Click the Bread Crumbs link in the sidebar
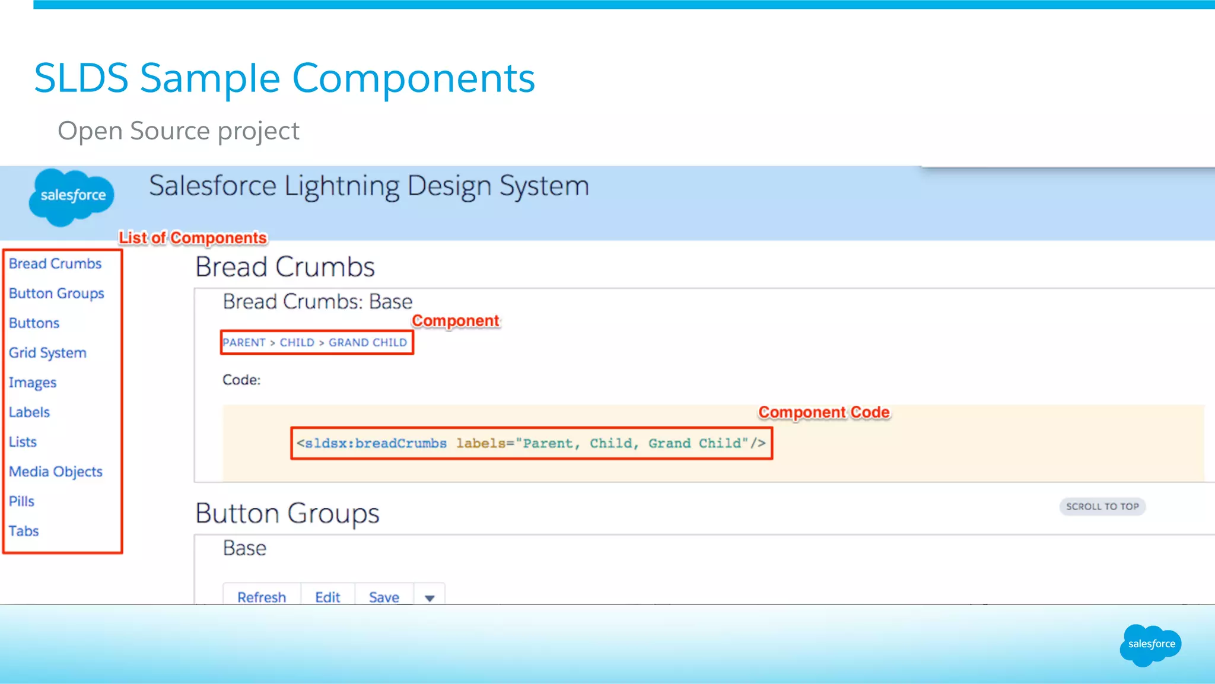55,263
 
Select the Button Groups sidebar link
56,293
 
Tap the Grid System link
47,352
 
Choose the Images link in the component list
33,383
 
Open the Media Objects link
56,472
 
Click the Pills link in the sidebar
22,501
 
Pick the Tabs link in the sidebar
24,531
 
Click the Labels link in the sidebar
29,412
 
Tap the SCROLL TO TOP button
1102,507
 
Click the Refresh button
262,596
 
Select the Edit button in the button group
327,596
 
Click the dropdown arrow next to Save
430,597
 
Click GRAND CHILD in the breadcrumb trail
368,342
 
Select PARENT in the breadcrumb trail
244,342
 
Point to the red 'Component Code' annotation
824,412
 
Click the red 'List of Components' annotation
193,238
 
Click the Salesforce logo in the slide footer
1151,645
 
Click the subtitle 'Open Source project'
179,131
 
